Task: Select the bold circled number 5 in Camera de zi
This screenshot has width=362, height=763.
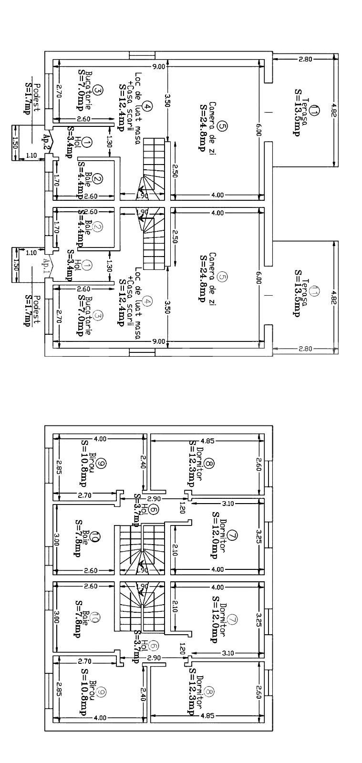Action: click(x=222, y=126)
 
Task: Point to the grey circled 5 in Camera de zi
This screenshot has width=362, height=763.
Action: click(x=222, y=277)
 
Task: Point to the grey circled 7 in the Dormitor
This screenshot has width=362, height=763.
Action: click(x=232, y=620)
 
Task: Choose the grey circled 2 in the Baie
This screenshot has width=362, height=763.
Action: click(x=98, y=227)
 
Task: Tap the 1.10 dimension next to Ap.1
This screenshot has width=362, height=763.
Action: click(x=31, y=253)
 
